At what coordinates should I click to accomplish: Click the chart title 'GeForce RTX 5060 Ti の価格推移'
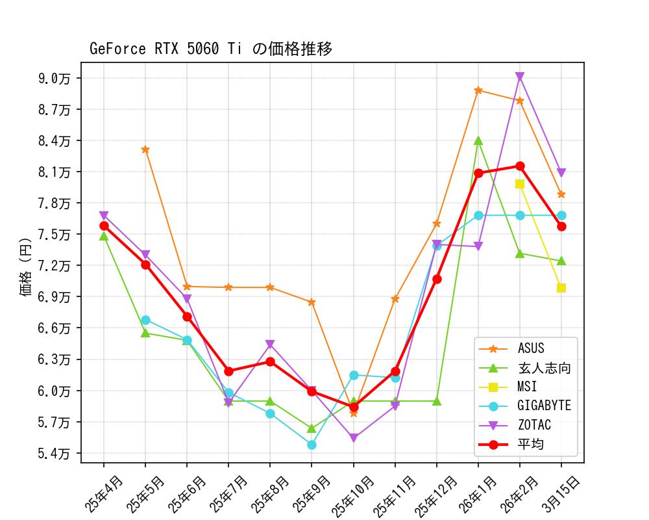(211, 49)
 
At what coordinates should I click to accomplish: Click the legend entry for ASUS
(530, 349)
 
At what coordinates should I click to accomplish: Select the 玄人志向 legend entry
(543, 368)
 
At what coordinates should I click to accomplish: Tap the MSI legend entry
(527, 387)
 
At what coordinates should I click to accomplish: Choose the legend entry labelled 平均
(530, 445)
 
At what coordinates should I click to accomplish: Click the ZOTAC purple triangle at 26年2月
(520, 77)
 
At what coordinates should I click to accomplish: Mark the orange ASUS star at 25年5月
(145, 149)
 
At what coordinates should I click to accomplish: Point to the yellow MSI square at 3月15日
(561, 288)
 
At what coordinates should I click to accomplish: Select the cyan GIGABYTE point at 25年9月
(312, 445)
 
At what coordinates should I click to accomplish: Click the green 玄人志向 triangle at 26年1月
(478, 140)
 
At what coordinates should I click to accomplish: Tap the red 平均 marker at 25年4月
(104, 226)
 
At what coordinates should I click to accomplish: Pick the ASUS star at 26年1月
(478, 90)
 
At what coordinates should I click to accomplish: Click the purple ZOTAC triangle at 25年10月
(354, 438)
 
